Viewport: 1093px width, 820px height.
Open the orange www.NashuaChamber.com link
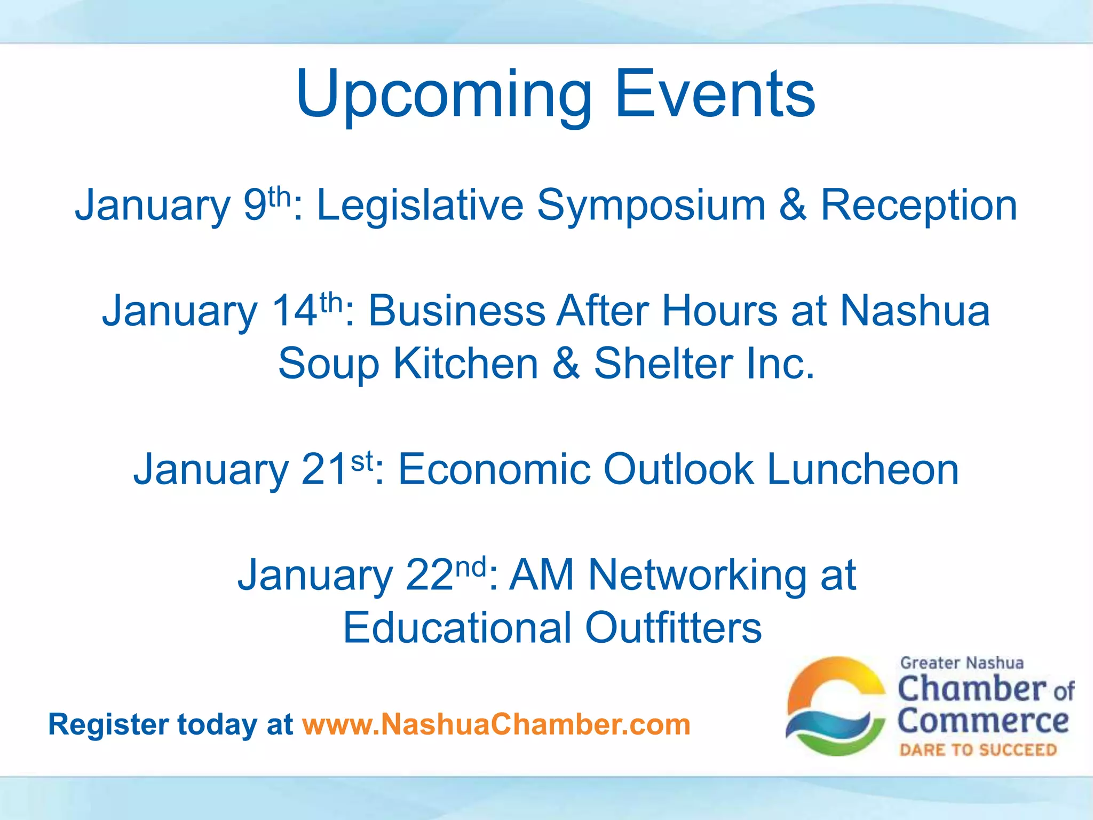[x=496, y=725]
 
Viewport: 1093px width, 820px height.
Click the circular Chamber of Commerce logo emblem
[x=835, y=706]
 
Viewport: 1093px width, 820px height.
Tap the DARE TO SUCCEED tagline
[x=978, y=750]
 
